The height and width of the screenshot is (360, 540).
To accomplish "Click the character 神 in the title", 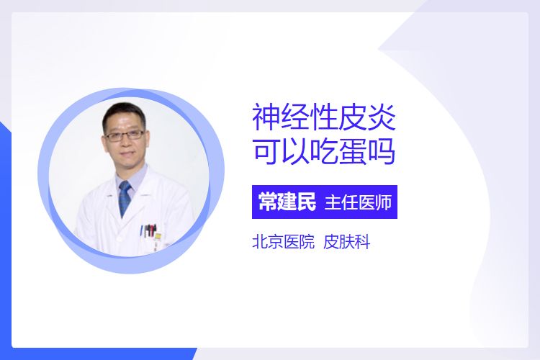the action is click(x=266, y=117).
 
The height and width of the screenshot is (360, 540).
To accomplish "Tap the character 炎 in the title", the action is click(x=382, y=117).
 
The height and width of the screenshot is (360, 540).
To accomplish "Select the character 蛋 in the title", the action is click(x=353, y=151).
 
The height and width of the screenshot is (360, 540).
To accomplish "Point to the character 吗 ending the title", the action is click(x=381, y=151).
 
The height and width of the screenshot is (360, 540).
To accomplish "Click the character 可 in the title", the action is click(x=266, y=151).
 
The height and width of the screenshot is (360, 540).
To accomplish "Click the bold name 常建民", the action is click(x=287, y=202).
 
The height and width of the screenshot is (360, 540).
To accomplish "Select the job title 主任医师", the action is click(x=358, y=202).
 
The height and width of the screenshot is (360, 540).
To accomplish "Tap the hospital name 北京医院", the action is click(x=284, y=242).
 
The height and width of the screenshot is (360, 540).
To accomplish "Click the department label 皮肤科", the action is click(x=347, y=242).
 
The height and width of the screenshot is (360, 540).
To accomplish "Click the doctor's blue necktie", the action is click(x=125, y=199).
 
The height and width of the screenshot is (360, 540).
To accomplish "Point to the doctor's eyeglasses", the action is click(x=125, y=135).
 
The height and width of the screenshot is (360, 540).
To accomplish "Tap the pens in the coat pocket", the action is click(x=149, y=230).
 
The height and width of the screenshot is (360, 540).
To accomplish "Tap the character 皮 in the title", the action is click(x=353, y=117).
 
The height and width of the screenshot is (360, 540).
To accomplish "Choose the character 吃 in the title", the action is click(x=324, y=151).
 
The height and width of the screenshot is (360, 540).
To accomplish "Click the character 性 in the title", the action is click(x=324, y=117).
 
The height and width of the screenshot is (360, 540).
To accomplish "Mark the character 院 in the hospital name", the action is click(x=307, y=242).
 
